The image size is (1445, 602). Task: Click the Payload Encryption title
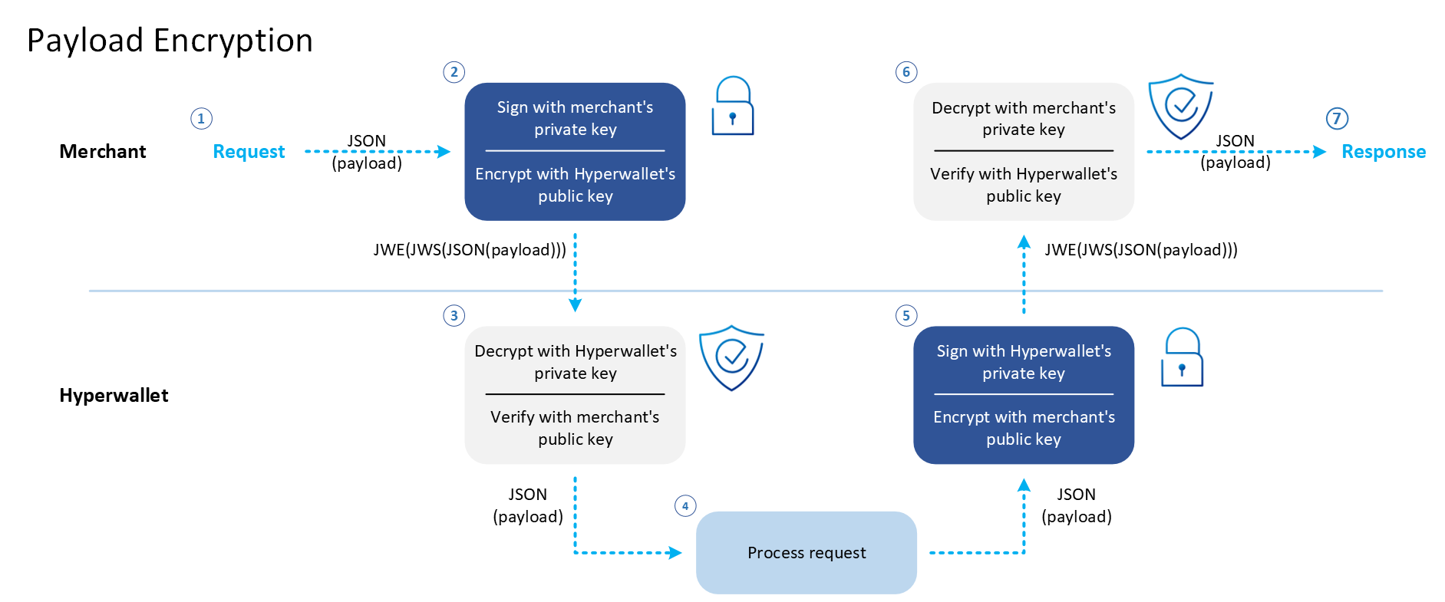(x=170, y=41)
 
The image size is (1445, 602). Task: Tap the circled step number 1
(x=201, y=119)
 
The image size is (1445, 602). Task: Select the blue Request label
(x=249, y=152)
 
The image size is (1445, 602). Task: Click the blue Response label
(x=1383, y=152)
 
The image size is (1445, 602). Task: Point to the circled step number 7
(x=1337, y=119)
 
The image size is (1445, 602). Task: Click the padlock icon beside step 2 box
(x=733, y=107)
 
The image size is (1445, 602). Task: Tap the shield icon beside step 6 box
(x=1180, y=106)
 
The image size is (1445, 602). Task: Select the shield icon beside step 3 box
(x=731, y=357)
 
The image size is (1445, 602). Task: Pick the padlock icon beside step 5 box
(x=1182, y=358)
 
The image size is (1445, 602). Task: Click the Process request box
(x=806, y=552)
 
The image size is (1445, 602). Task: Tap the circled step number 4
(x=685, y=506)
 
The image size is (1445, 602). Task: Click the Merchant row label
(x=103, y=152)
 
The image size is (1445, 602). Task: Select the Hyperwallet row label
(x=114, y=396)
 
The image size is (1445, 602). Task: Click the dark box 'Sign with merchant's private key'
(x=575, y=119)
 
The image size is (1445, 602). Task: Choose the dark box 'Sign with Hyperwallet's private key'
(x=1024, y=362)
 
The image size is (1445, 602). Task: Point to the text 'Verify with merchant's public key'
(x=575, y=428)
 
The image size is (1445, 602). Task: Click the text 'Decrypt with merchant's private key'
(x=1024, y=119)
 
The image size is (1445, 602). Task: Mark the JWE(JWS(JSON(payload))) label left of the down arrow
(x=470, y=250)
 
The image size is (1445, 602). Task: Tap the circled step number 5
(x=906, y=316)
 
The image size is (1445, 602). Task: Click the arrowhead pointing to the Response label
(x=1320, y=152)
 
